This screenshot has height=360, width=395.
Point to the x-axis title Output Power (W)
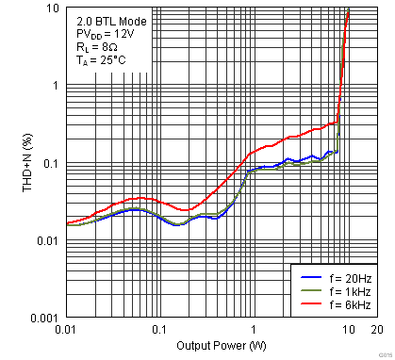pos(220,346)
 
